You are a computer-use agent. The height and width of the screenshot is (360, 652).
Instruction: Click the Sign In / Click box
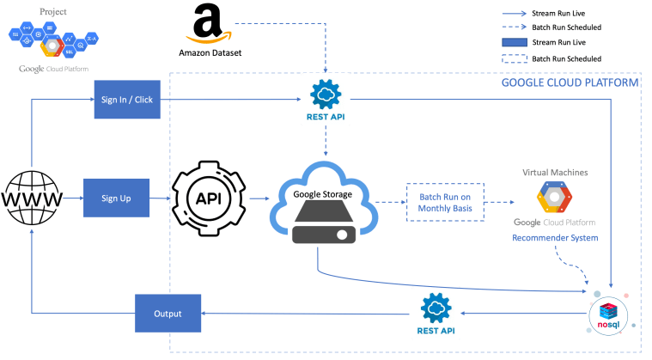[126, 100]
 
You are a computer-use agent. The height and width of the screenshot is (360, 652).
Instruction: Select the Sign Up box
[116, 198]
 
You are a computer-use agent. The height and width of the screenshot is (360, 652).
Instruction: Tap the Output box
[168, 313]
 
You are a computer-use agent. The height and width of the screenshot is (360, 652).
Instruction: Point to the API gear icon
[208, 198]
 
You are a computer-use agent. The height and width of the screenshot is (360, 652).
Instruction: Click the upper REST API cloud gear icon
[326, 94]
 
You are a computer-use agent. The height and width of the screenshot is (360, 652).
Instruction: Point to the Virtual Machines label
[555, 172]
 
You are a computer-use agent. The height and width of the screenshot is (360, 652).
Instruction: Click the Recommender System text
[554, 237]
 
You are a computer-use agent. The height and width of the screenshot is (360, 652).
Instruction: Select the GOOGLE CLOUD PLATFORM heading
[570, 83]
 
